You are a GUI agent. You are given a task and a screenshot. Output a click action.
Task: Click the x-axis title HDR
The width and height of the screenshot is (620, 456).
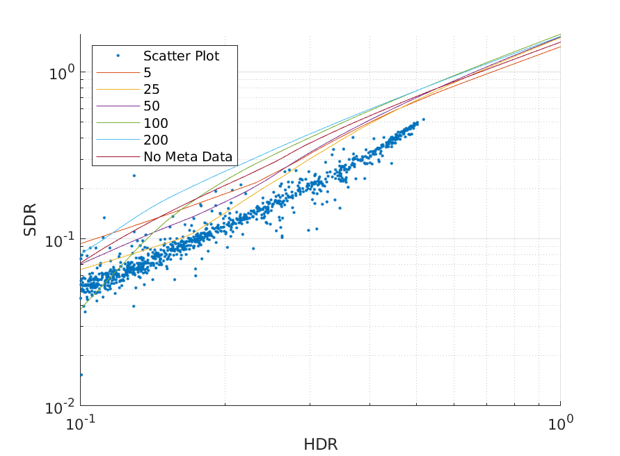coord(320,443)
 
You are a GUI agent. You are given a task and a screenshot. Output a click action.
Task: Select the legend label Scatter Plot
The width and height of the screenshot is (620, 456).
coord(181,56)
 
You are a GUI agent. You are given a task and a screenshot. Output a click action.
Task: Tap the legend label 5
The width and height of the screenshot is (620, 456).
coord(148,73)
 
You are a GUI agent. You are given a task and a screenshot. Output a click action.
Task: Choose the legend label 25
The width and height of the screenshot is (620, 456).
coord(152,90)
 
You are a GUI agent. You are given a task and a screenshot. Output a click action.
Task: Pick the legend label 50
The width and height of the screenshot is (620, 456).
coord(152,106)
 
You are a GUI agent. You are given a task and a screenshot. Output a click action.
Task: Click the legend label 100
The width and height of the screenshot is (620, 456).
coord(156,123)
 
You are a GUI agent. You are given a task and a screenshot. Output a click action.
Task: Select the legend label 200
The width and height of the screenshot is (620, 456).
coord(156,140)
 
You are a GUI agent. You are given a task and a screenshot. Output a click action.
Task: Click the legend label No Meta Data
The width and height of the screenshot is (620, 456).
coord(188,156)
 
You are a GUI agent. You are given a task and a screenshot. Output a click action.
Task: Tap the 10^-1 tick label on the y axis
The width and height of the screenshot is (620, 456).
coord(60,239)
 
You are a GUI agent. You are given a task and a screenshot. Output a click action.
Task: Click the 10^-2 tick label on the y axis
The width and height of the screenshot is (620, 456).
coord(60,406)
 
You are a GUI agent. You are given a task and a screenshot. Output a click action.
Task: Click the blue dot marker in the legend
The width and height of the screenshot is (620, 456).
coord(118,56)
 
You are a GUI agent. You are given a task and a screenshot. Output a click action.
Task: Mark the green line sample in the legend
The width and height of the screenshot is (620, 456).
coord(118,123)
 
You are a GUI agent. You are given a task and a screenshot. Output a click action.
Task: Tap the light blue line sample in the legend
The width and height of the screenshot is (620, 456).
coord(118,140)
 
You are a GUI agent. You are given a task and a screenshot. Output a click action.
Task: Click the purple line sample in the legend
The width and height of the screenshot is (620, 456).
coord(118,106)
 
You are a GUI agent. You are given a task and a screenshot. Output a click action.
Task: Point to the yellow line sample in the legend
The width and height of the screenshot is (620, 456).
coord(118,90)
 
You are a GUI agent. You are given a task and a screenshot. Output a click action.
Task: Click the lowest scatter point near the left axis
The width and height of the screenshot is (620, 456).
coord(81,375)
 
